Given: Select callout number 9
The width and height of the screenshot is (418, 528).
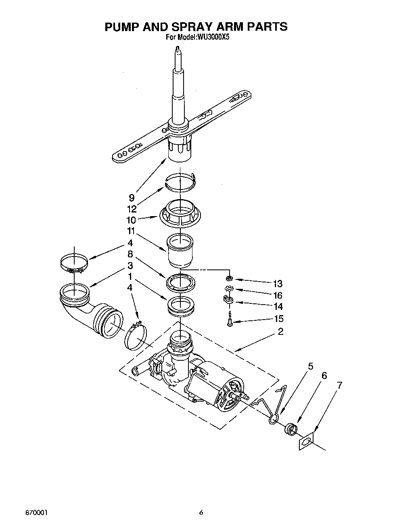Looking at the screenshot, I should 132,198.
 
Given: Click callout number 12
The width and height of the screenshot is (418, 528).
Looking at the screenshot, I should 132,209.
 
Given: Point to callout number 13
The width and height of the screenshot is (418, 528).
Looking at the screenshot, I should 277,284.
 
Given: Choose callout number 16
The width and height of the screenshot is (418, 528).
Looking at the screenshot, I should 277,295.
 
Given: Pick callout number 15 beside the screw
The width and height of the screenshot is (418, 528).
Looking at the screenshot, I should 278,319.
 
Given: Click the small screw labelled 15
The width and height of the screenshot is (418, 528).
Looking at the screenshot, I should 230,321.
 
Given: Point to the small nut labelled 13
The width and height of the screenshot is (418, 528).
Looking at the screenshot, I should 229,278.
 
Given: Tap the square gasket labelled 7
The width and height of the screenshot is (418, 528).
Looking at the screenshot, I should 306,442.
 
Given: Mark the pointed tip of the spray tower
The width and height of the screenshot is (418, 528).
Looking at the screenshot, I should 177,50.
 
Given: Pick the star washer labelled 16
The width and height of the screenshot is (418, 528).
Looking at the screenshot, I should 229,289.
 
